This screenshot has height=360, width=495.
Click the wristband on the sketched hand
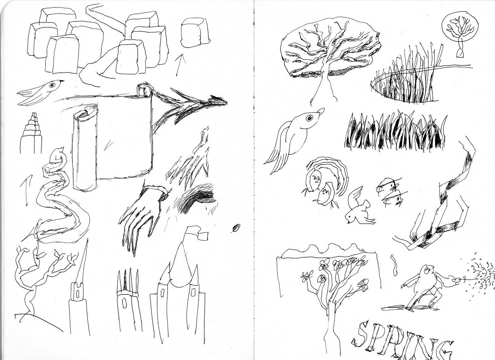point(155,190)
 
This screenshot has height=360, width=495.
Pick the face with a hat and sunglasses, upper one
point(387,186)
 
